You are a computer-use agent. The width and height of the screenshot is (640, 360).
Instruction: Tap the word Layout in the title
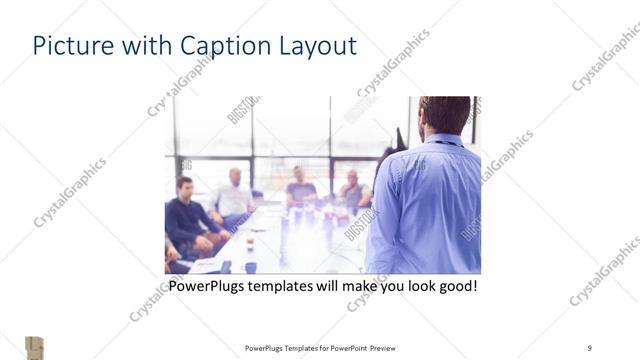(x=314, y=46)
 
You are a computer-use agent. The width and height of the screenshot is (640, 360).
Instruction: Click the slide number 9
(x=589, y=347)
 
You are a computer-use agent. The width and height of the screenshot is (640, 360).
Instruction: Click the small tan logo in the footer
(x=34, y=346)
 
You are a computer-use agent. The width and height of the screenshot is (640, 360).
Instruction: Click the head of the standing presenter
(x=444, y=115)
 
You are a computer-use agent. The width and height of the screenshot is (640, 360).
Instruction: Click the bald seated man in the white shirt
(x=232, y=196)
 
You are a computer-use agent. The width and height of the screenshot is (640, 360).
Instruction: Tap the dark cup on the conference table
(x=250, y=243)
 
